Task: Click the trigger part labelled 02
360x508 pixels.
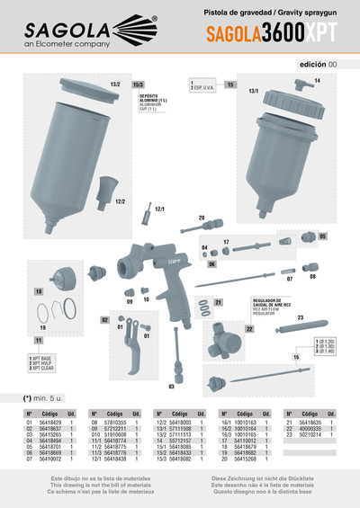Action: pos(105,319)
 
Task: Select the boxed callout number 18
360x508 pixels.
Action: pos(39,292)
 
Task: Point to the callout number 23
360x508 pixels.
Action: pos(300,317)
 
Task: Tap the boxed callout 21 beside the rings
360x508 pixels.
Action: pos(217,302)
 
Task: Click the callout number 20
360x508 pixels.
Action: pos(202,218)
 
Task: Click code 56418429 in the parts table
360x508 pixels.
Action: pos(49,421)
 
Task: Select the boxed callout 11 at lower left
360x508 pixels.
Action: pos(39,342)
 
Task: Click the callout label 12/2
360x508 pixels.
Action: pos(120,202)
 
